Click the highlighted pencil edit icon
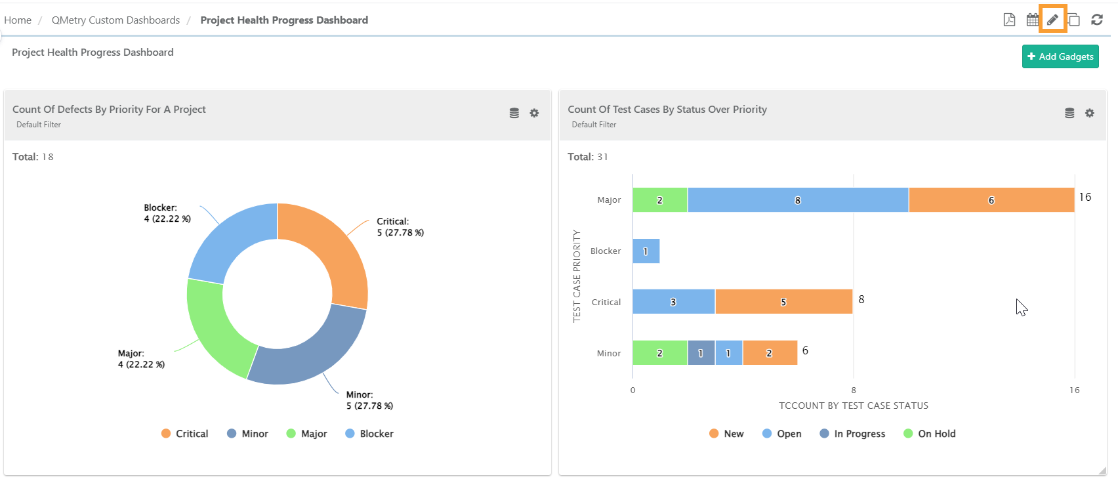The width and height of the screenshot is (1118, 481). pyautogui.click(x=1052, y=20)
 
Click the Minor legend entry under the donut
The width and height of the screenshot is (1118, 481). pyautogui.click(x=247, y=434)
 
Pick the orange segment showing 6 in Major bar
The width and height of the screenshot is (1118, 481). pyautogui.click(x=991, y=200)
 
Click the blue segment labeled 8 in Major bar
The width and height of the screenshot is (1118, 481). pyautogui.click(x=798, y=200)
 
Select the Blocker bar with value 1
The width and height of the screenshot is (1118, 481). pyautogui.click(x=646, y=251)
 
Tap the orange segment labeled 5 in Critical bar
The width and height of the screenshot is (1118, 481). pyautogui.click(x=783, y=302)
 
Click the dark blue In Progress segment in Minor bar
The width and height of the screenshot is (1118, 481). pyautogui.click(x=701, y=353)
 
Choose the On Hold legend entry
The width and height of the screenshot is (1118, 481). pyautogui.click(x=930, y=434)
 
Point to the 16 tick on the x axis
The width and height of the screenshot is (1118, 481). pyautogui.click(x=1074, y=390)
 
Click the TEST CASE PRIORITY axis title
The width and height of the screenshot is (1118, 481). pyautogui.click(x=577, y=276)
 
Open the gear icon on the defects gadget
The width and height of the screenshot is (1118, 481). pyautogui.click(x=534, y=113)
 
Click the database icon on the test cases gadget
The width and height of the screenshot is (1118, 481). pyautogui.click(x=1069, y=113)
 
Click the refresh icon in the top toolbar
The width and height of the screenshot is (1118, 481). pyautogui.click(x=1097, y=20)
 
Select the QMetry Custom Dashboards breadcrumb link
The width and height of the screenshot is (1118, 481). pyautogui.click(x=115, y=20)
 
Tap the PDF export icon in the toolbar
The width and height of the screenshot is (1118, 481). pyautogui.click(x=1009, y=20)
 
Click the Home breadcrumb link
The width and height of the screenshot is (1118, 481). pyautogui.click(x=18, y=20)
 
